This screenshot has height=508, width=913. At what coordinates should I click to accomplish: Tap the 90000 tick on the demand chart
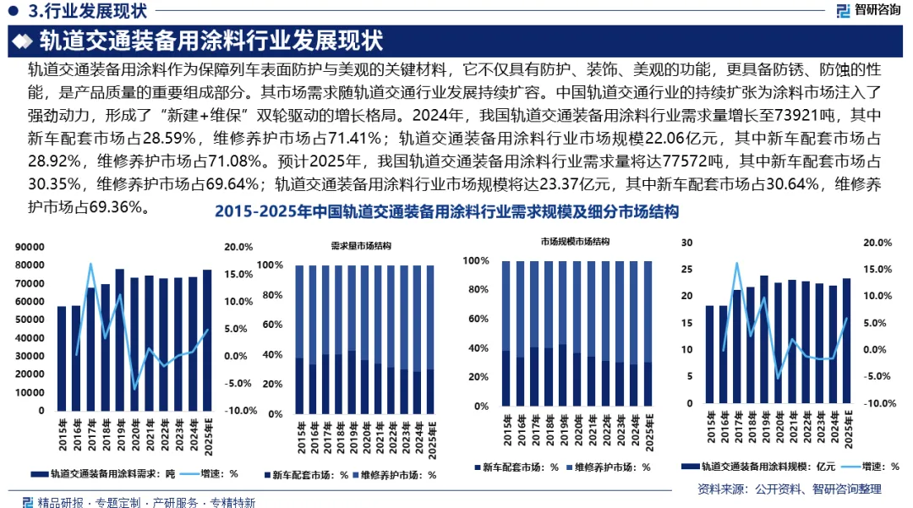coord(30,248)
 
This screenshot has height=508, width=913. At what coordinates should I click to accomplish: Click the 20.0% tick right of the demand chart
coord(238,248)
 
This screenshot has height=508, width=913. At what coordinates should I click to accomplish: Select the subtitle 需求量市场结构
coord(361,246)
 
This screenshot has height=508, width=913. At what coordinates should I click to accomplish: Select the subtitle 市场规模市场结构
coord(576,242)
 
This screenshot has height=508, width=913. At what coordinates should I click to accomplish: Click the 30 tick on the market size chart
coord(686,243)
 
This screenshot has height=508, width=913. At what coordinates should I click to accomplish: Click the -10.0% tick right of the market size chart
coord(879,403)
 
